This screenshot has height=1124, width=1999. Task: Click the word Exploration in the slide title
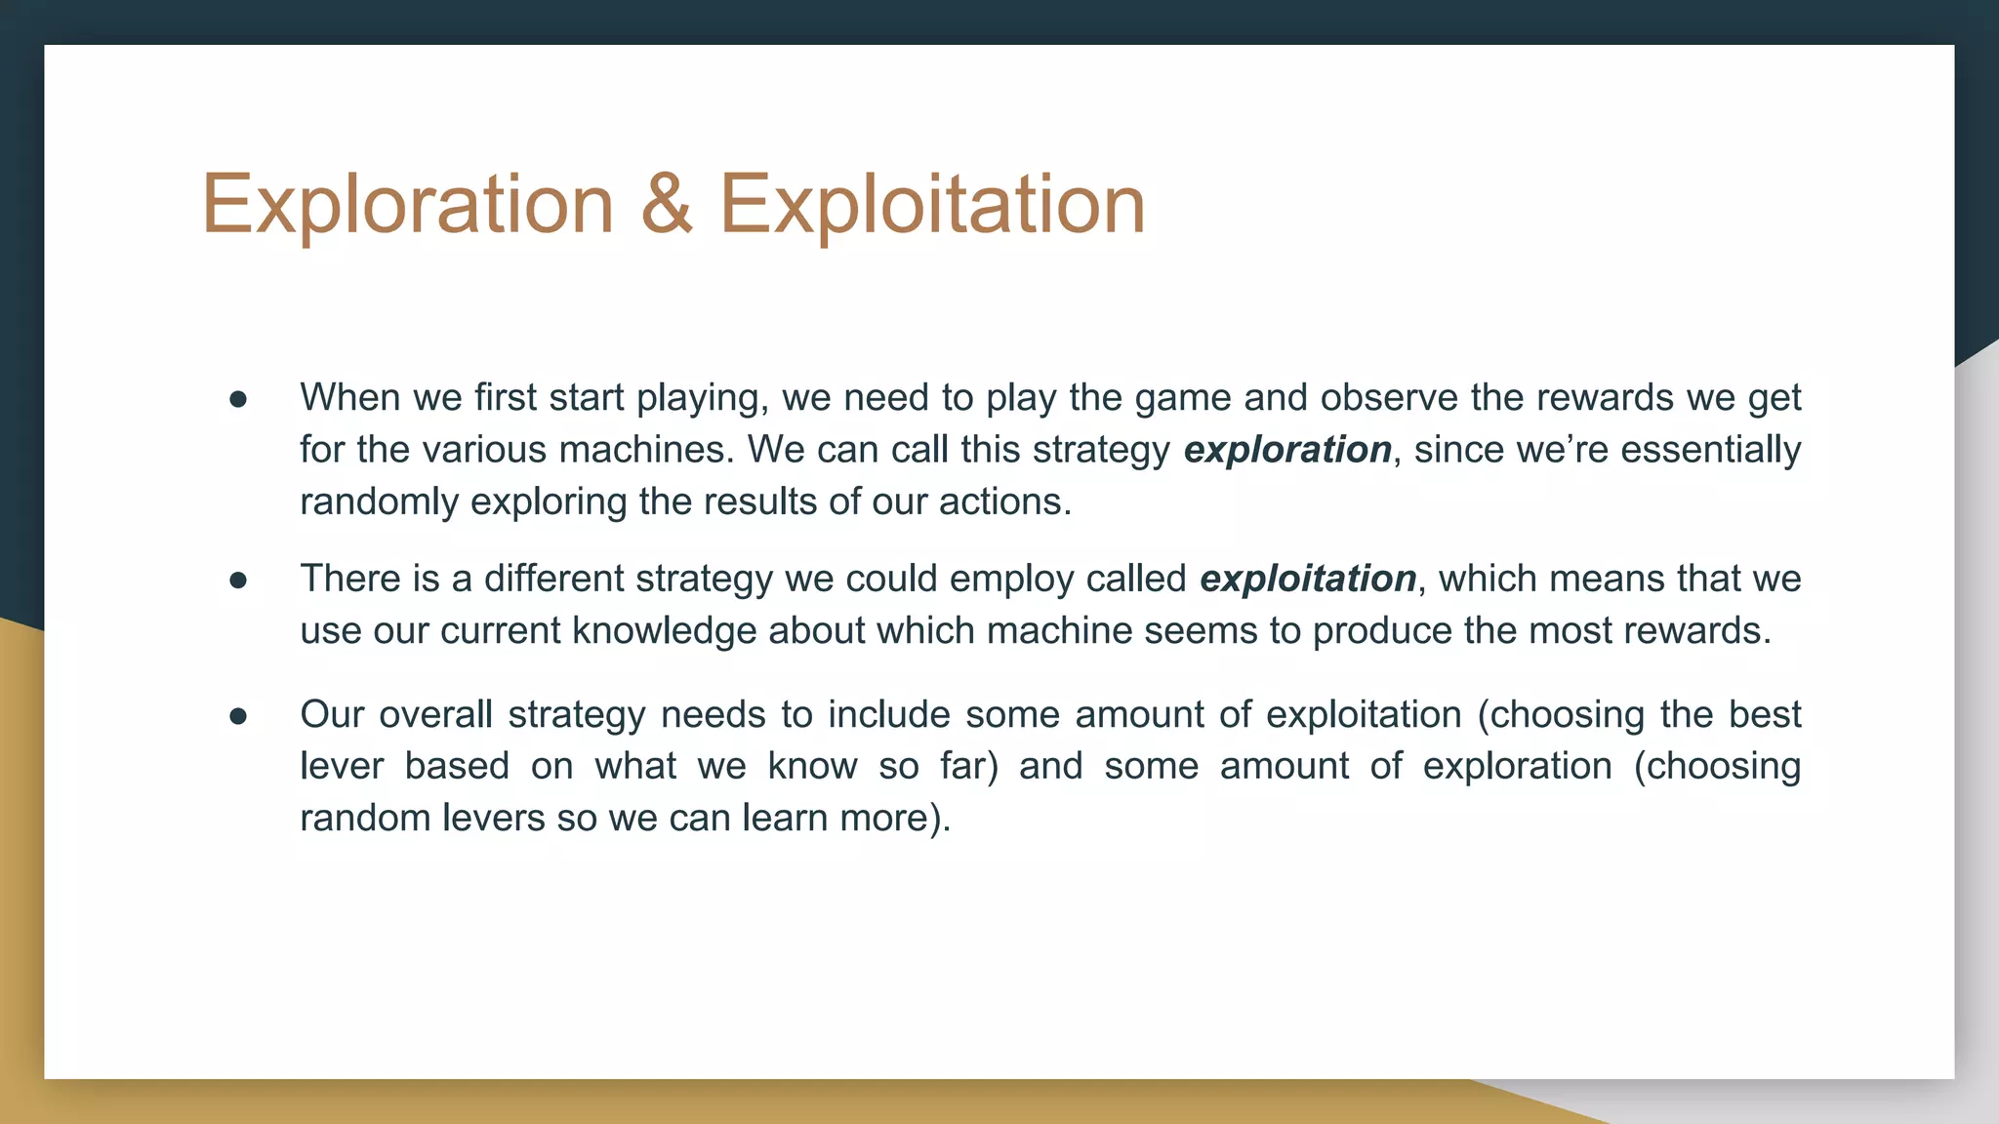click(407, 205)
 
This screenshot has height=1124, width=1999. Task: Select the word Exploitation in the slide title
click(932, 205)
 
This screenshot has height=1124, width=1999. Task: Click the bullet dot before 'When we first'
click(238, 399)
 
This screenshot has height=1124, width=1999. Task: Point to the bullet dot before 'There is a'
click(238, 581)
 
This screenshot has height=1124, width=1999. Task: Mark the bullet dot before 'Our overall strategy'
click(238, 716)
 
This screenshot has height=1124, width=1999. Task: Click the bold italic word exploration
click(1287, 450)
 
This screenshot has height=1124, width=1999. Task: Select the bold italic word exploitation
click(1308, 580)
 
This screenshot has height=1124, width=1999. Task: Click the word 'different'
click(553, 579)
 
